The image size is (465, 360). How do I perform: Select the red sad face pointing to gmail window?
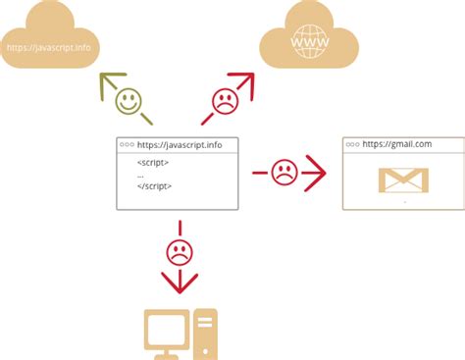click(x=284, y=174)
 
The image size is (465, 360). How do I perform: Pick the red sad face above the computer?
click(x=179, y=252)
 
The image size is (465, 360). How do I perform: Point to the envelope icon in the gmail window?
click(x=404, y=180)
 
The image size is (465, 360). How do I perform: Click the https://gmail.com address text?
click(x=398, y=143)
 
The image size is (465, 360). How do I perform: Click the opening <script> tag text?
click(x=152, y=161)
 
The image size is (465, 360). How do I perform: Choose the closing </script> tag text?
click(x=155, y=184)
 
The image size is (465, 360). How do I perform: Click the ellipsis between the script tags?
click(x=141, y=174)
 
